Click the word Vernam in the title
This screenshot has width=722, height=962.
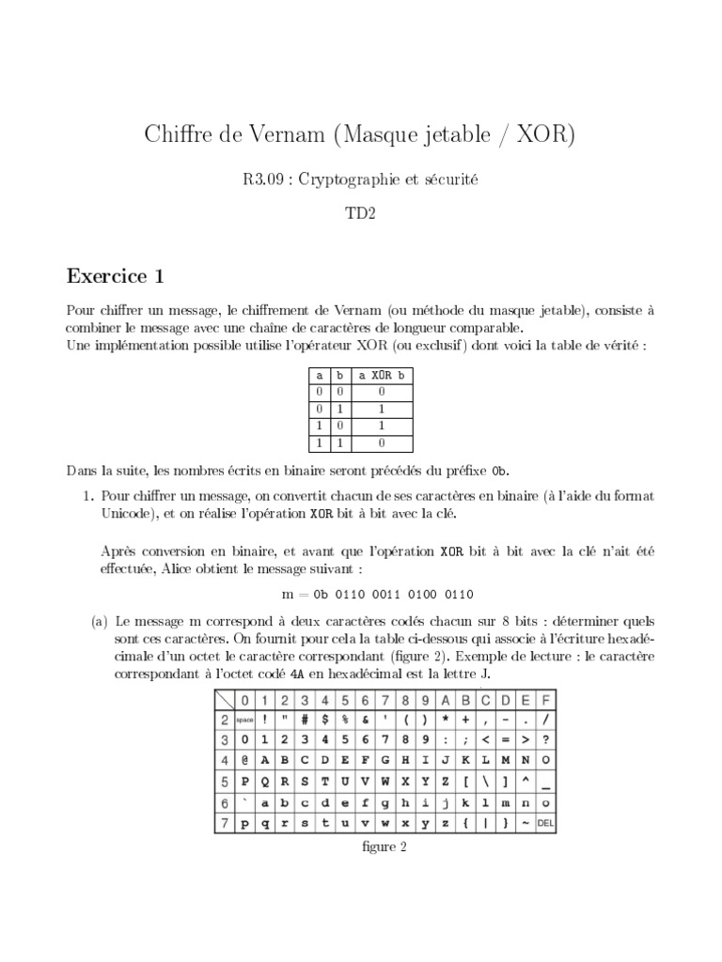point(280,135)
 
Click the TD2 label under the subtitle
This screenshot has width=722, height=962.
point(361,213)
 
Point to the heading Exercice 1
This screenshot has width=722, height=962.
point(116,276)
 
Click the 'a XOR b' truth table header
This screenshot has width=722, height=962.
point(383,375)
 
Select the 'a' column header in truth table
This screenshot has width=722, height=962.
point(320,375)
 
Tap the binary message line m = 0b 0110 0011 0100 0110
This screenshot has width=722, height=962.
point(378,594)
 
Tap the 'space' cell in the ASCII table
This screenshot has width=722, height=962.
point(244,720)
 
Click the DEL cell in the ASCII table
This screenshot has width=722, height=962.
point(545,824)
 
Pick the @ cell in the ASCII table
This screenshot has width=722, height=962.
point(244,760)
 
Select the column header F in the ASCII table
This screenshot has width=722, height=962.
point(545,701)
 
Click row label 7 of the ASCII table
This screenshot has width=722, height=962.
point(225,824)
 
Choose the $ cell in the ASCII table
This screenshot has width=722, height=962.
point(324,720)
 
